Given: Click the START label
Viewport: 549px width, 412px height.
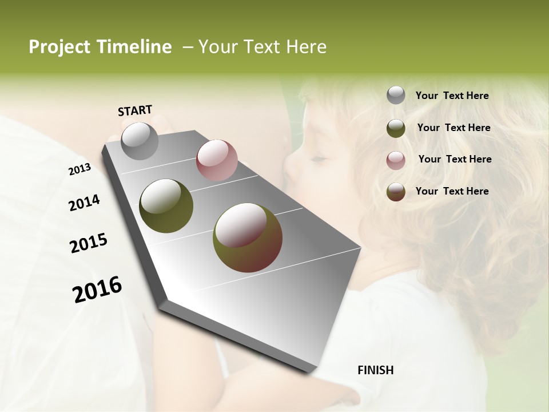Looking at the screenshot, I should (135, 110).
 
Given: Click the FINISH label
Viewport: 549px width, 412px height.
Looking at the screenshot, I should (375, 370).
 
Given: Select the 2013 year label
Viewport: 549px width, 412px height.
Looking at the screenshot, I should (79, 169).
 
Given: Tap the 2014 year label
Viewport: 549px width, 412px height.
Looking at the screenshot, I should (84, 203).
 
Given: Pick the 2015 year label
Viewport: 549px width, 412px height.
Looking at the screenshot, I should (88, 243).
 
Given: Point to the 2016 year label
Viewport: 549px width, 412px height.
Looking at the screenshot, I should (97, 290).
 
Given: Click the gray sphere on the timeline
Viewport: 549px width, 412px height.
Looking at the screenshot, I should (140, 141).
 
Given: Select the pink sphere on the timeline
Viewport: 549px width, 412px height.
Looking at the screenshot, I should (217, 160).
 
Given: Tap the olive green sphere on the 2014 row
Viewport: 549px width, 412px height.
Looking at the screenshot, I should (166, 206).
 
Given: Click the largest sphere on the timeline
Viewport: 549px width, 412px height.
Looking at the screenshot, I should (247, 237).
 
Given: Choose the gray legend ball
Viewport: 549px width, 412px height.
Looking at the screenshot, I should (396, 96).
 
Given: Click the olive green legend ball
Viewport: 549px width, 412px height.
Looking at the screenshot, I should (396, 128).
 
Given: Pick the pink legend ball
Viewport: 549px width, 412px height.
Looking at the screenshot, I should (396, 160).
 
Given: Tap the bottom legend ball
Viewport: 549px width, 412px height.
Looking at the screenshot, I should (396, 192).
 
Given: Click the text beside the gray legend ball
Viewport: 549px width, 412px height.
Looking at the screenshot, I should (452, 96).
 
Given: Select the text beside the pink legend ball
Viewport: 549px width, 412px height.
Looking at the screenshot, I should (455, 159).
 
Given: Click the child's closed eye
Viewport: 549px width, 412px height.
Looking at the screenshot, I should (318, 157).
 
